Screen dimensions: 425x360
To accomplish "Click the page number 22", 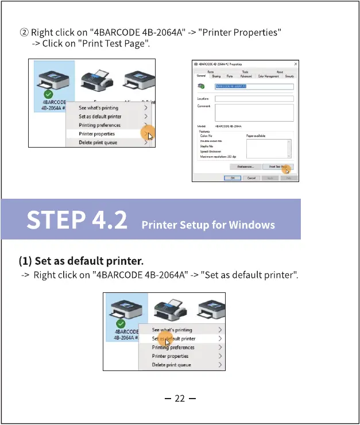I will point(180,399).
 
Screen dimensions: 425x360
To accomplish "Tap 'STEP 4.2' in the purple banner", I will point(77,221).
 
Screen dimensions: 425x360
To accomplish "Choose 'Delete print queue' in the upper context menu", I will point(98,142).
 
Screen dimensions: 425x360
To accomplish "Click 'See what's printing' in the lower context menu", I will point(172,330).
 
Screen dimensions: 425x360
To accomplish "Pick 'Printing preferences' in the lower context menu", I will point(173,347).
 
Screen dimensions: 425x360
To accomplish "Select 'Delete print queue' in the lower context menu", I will point(171,365).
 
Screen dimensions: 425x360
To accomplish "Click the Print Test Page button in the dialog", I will point(278,167).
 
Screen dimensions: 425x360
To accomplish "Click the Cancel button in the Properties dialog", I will point(251,178).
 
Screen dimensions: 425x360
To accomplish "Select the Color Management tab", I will point(268,76).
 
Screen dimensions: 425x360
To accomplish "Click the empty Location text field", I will point(254,99).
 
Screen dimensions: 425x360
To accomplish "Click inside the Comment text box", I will point(254,113).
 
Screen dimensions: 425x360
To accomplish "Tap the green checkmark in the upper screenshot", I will point(48,94).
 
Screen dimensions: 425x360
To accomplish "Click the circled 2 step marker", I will point(24,32).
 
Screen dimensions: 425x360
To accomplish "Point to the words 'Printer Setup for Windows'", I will point(208,224).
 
